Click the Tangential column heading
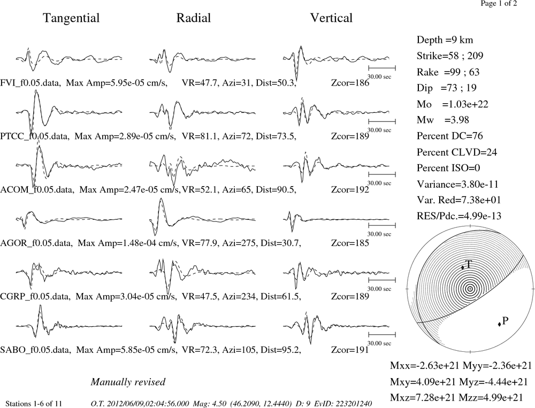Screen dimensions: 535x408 (71, 18)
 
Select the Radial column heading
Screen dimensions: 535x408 (194, 18)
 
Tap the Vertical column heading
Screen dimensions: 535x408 (331, 18)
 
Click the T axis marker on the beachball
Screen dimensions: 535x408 (463, 268)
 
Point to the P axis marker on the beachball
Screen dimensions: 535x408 (499, 324)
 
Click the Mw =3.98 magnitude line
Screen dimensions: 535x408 (443, 120)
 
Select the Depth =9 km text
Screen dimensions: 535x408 (445, 40)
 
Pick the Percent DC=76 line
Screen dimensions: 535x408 (450, 136)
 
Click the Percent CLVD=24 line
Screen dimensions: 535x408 (456, 152)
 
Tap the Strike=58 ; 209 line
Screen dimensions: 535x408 (450, 56)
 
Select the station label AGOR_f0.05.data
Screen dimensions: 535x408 (36, 243)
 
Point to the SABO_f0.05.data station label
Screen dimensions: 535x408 (35, 350)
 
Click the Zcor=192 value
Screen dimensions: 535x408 (350, 190)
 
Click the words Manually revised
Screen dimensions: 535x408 (128, 382)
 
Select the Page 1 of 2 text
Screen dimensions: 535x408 (499, 4)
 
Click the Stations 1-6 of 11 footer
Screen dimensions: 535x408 (34, 404)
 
